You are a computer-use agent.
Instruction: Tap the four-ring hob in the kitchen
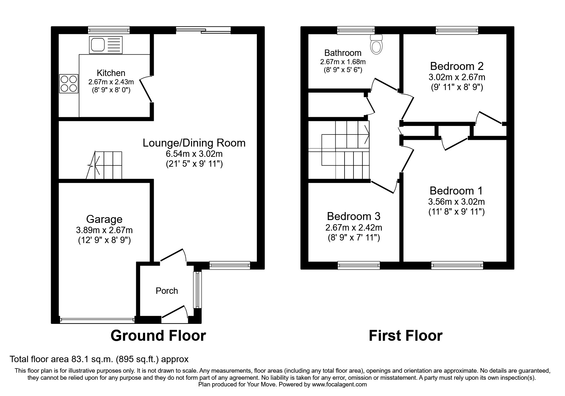69,84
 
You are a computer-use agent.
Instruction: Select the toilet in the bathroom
376,44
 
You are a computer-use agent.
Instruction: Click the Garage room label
104,219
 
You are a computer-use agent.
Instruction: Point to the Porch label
167,291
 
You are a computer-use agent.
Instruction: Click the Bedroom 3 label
353,216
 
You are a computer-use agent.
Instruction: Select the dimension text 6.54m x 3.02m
194,154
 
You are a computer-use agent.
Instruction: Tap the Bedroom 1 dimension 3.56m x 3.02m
456,202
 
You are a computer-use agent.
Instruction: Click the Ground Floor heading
158,336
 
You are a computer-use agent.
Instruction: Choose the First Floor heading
405,336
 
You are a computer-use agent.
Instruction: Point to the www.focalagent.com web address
339,385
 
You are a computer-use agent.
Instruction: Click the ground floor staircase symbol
105,165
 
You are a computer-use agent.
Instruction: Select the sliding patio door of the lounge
203,30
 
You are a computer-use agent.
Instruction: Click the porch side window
198,290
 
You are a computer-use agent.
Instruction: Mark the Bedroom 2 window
457,30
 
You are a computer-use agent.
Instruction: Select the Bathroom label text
343,53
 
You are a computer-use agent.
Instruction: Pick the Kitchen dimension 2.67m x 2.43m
111,82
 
